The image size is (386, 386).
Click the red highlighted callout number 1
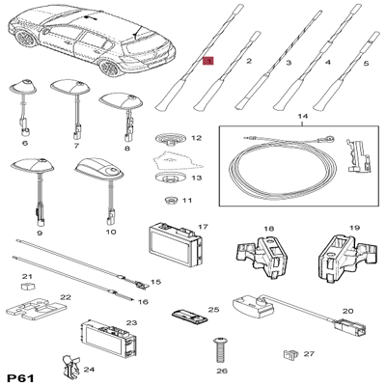click(208, 61)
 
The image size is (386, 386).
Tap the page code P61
click(20, 377)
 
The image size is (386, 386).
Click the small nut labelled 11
click(171, 201)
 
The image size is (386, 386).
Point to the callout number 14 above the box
click(303, 116)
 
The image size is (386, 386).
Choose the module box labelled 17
click(175, 245)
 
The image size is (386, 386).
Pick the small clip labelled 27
click(290, 354)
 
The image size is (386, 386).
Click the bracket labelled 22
click(34, 309)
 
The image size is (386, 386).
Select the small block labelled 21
click(28, 286)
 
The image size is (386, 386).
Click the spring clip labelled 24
click(70, 368)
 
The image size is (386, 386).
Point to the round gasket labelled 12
click(171, 139)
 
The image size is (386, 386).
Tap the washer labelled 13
click(171, 178)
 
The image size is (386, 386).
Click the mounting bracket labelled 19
click(346, 257)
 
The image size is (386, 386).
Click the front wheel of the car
click(111, 68)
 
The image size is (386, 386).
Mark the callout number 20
click(347, 311)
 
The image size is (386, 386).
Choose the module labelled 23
click(108, 340)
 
